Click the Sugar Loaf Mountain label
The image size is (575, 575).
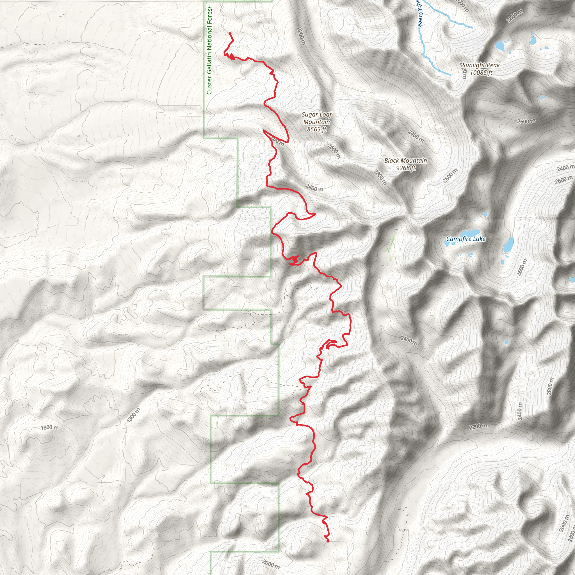coord(316,122)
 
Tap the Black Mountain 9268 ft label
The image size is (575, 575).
coord(405,164)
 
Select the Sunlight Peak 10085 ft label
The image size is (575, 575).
coord(481,69)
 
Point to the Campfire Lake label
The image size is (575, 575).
coord(466,239)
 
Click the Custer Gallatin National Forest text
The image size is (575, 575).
coord(209,51)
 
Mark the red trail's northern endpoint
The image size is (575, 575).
coord(229,33)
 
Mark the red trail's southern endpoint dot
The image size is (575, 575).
coord(328,541)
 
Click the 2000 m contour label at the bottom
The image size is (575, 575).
coord(271,564)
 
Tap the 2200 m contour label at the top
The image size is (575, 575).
coord(301,36)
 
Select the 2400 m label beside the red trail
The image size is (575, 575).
coord(314,188)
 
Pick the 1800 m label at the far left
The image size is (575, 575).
coord(49,428)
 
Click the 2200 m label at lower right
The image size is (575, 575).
coord(478,426)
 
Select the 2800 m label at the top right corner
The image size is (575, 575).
coord(515,16)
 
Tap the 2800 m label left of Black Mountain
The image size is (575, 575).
coord(380,177)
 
